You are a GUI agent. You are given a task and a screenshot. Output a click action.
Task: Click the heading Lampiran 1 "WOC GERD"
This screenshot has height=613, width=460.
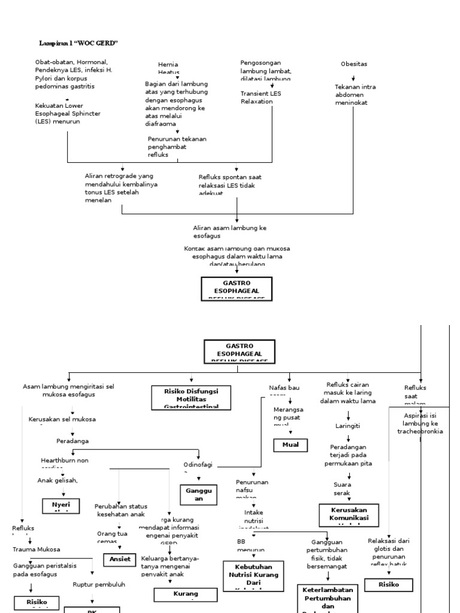[x=78, y=43]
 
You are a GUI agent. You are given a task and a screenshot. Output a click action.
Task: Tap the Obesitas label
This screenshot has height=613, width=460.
[x=353, y=64]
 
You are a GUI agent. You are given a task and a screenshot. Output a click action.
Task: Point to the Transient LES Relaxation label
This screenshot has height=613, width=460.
[x=261, y=98]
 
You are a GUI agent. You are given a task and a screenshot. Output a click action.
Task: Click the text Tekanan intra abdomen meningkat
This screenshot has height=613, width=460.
[x=355, y=95]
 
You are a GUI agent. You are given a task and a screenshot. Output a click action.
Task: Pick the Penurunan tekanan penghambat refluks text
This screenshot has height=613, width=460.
[x=177, y=147]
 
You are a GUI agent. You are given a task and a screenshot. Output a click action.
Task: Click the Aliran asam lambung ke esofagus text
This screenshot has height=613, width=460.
[x=229, y=232]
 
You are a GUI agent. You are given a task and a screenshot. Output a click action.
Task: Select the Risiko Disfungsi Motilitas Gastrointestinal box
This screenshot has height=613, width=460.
[x=192, y=398]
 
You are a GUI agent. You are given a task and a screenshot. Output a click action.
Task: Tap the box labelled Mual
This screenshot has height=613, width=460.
[x=290, y=445]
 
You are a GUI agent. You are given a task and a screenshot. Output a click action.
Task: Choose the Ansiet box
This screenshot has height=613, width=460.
[x=120, y=559]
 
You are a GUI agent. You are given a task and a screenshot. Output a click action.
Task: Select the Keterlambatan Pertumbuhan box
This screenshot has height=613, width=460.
[x=328, y=598]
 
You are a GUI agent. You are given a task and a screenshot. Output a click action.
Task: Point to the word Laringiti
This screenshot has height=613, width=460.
[x=347, y=426]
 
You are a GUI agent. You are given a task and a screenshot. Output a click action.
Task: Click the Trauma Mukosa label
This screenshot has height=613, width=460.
[x=37, y=549]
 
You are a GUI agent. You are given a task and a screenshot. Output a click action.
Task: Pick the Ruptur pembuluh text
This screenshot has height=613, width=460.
[x=98, y=584]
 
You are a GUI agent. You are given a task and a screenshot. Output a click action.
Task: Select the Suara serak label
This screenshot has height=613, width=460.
[x=342, y=488]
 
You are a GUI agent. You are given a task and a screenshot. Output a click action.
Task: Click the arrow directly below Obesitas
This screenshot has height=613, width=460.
[x=353, y=78]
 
